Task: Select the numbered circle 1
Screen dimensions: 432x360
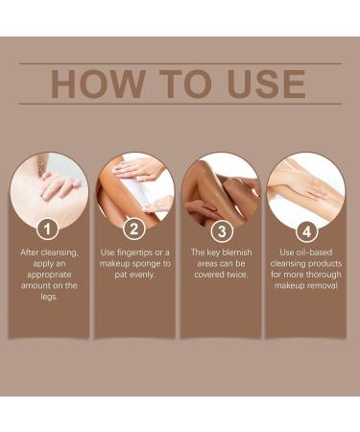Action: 49,229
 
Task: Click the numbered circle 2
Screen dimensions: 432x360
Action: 134,229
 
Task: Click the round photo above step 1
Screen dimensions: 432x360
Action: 49,188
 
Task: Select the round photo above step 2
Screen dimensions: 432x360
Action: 134,188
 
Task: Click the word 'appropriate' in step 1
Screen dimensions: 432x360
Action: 49,276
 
